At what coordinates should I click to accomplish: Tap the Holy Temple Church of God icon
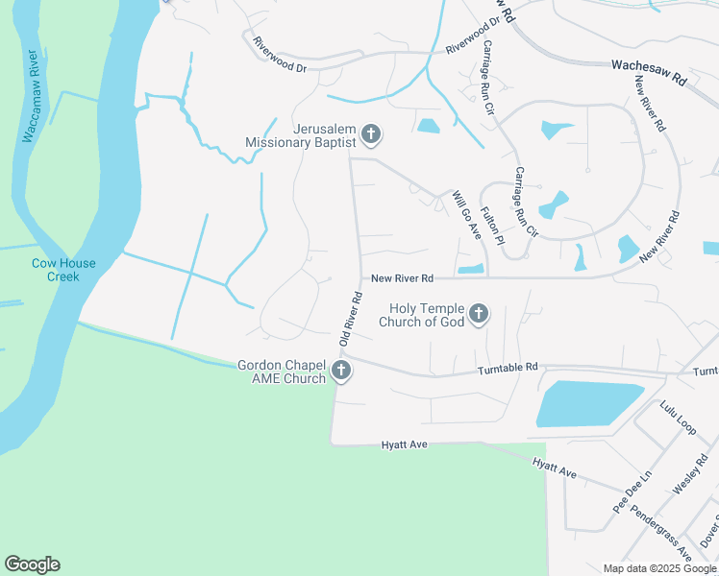(x=478, y=314)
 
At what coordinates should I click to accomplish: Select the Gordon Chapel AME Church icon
(x=339, y=372)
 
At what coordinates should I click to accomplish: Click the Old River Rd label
(x=349, y=319)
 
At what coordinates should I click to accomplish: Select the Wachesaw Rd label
(x=649, y=73)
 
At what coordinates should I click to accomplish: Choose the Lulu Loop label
(x=678, y=419)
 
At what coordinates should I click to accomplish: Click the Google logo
(x=32, y=564)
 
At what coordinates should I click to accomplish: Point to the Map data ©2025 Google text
(x=658, y=568)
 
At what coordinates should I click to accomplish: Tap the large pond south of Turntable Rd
(x=586, y=403)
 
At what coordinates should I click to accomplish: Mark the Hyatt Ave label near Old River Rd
(x=404, y=445)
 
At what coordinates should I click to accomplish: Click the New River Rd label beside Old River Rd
(x=403, y=278)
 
